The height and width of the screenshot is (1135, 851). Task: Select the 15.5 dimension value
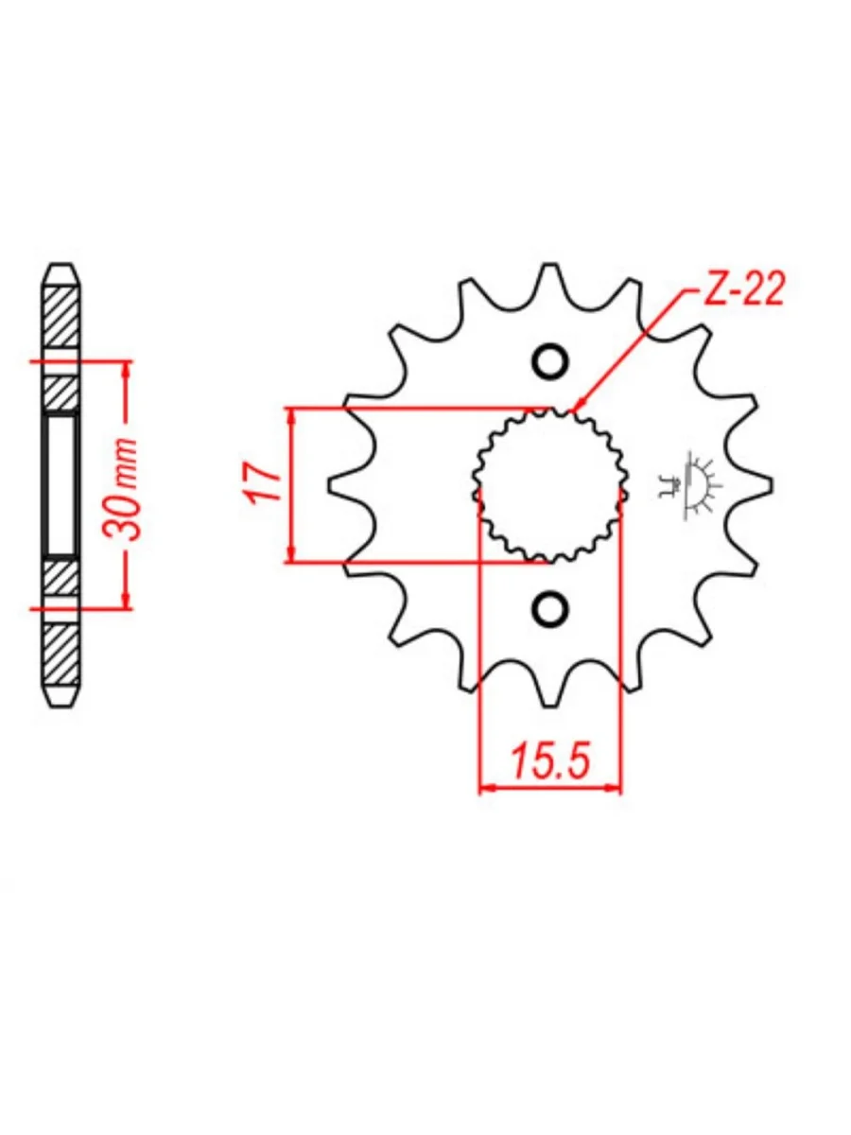[549, 761]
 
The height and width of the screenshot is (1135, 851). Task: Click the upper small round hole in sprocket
[549, 362]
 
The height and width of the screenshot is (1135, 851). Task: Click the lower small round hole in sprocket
[549, 607]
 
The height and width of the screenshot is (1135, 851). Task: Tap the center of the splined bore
[549, 484]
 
